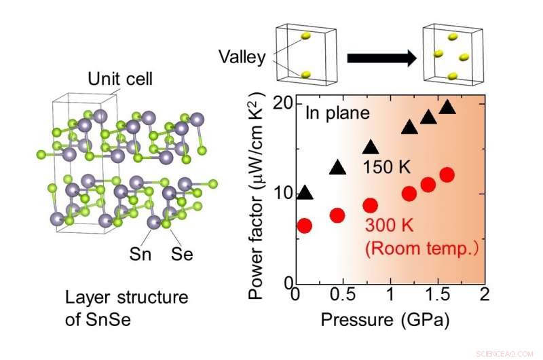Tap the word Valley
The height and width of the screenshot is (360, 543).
242,57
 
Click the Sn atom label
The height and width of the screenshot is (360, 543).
142,255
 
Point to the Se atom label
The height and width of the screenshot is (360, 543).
183,255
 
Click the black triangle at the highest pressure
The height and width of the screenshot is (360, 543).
447,107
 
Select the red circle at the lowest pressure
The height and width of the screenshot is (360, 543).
305,226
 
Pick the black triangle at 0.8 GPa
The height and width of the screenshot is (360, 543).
371,147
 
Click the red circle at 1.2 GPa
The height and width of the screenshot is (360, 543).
409,194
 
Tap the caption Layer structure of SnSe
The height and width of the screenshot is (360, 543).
126,307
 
